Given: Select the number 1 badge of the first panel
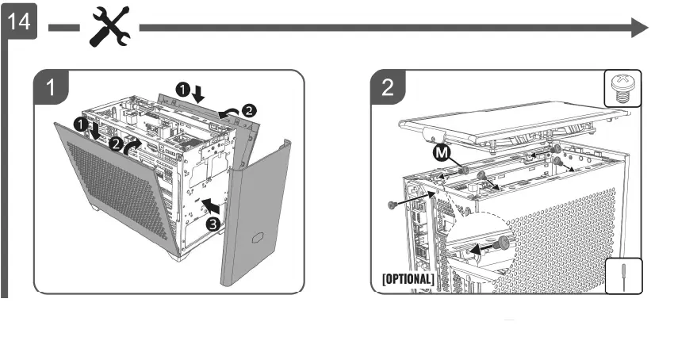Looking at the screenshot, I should pos(51,88).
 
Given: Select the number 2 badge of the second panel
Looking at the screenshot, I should pos(388,87).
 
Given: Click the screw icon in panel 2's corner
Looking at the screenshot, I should pos(623,87).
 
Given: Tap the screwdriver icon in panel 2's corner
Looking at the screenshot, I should pos(624,277).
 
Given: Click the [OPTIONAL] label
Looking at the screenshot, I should pos(408,279).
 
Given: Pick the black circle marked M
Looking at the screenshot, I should pos(440,152).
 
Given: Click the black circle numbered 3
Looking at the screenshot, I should pos(213,224).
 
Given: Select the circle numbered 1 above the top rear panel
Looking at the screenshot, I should pos(182,91).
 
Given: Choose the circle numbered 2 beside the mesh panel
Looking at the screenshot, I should pos(116,145).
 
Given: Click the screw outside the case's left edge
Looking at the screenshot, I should pos(393,205).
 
